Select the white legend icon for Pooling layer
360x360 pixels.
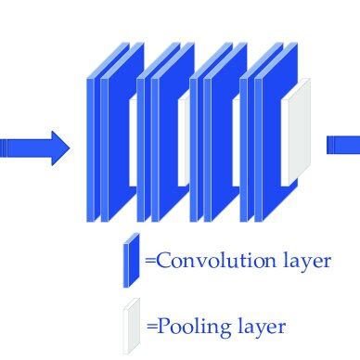click(x=131, y=321)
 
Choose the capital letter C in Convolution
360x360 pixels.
click(x=163, y=261)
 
